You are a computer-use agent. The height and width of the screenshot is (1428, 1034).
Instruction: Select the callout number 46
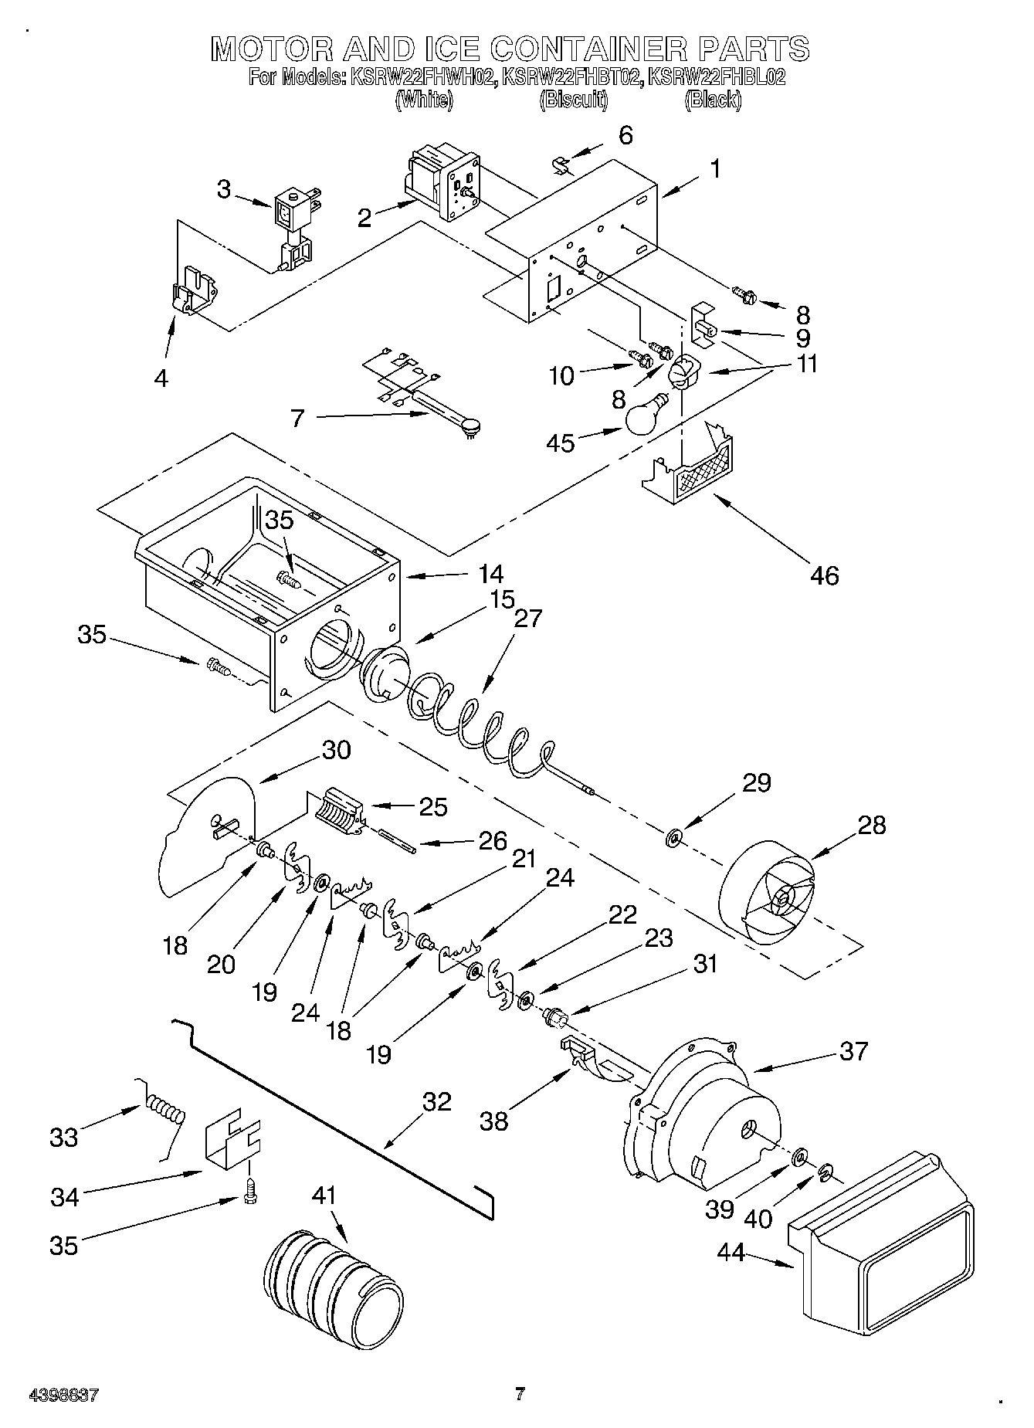pyautogui.click(x=825, y=575)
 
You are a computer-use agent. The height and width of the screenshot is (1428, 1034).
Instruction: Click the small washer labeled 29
pyautogui.click(x=674, y=837)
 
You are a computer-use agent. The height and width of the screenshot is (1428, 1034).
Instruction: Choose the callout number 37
pyautogui.click(x=854, y=1051)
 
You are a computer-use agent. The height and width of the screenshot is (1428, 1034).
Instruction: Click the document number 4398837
pyautogui.click(x=63, y=1396)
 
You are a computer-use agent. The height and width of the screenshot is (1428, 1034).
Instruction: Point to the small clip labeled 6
pyautogui.click(x=563, y=165)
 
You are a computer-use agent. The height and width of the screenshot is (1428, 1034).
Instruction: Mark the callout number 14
pyautogui.click(x=490, y=574)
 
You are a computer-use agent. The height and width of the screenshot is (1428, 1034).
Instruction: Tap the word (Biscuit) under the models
pyautogui.click(x=573, y=100)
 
